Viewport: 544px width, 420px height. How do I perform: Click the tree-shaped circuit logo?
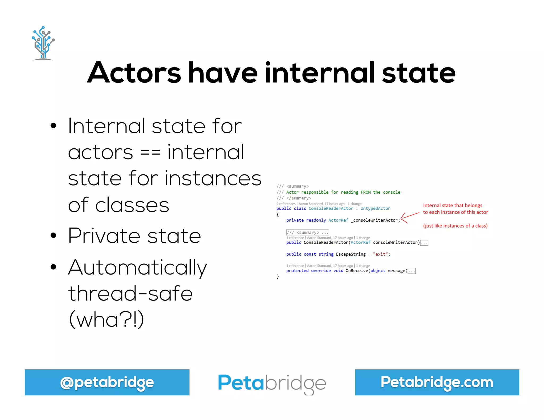click(43, 43)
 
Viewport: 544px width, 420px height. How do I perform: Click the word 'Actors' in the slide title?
click(134, 72)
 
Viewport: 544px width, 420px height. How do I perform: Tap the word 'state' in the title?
click(419, 72)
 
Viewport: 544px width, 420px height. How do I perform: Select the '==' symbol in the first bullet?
click(150, 152)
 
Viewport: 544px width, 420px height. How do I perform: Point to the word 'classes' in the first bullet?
click(132, 205)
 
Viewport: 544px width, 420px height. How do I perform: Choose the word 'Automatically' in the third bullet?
click(137, 268)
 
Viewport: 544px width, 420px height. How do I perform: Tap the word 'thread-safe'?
click(130, 294)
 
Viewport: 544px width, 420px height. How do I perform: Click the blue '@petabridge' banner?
click(107, 382)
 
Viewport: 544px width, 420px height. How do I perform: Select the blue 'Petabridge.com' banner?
click(437, 382)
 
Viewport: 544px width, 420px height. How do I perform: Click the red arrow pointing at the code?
click(410, 217)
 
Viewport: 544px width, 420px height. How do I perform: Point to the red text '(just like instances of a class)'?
click(455, 226)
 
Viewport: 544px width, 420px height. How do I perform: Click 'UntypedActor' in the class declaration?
click(375, 209)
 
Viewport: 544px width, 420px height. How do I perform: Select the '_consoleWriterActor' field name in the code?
click(375, 220)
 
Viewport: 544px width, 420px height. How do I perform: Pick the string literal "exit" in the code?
click(380, 254)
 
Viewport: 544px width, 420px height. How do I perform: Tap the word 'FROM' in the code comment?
click(365, 192)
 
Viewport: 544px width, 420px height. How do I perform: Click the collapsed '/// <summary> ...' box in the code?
click(308, 233)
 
